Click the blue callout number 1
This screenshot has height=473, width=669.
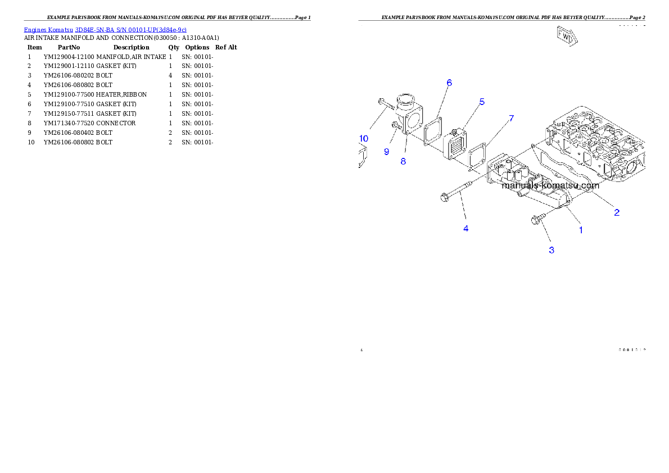click(x=581, y=229)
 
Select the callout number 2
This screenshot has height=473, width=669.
click(x=617, y=212)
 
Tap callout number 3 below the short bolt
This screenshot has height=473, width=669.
click(x=552, y=250)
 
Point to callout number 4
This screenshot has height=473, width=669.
click(x=465, y=228)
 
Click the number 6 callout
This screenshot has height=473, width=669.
click(x=449, y=83)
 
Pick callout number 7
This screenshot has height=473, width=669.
click(x=511, y=118)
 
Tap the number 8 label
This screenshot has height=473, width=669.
click(x=403, y=161)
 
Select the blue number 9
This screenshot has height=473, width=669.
click(x=386, y=151)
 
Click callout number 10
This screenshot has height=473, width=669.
click(x=364, y=138)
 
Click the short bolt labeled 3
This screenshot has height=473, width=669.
click(x=537, y=219)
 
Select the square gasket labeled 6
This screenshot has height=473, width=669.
click(x=432, y=132)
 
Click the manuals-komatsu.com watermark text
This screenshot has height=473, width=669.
click(x=550, y=185)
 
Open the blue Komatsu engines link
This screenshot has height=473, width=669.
click(x=105, y=29)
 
